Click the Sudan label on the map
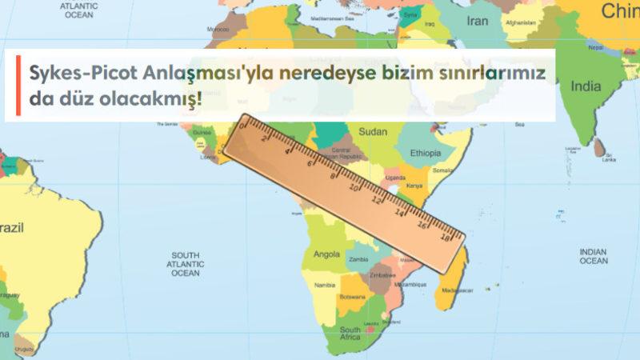[x=373, y=131]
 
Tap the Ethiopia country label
[x=425, y=153]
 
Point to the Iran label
[x=477, y=22]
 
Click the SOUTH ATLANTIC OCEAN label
[x=185, y=263]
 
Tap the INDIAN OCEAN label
[x=593, y=256]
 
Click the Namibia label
[x=324, y=285]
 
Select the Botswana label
[x=352, y=297]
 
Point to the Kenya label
[x=414, y=185]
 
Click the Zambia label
[x=359, y=259]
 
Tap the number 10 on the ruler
[x=354, y=188]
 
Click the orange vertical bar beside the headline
[x=17, y=86]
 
